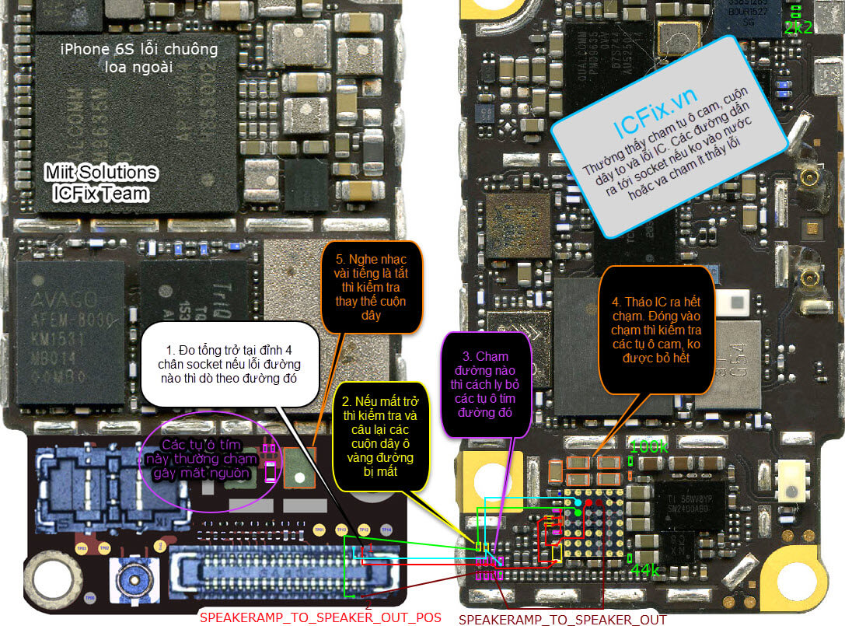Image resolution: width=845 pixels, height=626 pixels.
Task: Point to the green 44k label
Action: pyautogui.click(x=644, y=571)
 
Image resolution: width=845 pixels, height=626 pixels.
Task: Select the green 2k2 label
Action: pyautogui.click(x=798, y=28)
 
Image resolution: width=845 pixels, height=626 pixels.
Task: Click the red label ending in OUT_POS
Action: pyautogui.click(x=320, y=617)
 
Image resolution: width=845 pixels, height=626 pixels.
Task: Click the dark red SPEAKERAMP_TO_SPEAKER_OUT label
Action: pyautogui.click(x=562, y=620)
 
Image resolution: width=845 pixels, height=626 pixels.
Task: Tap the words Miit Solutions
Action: pyautogui.click(x=100, y=173)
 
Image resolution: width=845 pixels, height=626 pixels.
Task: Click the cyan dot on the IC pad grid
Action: pyautogui.click(x=578, y=503)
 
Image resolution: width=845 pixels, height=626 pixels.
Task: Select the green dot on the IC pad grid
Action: pyautogui.click(x=578, y=513)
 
